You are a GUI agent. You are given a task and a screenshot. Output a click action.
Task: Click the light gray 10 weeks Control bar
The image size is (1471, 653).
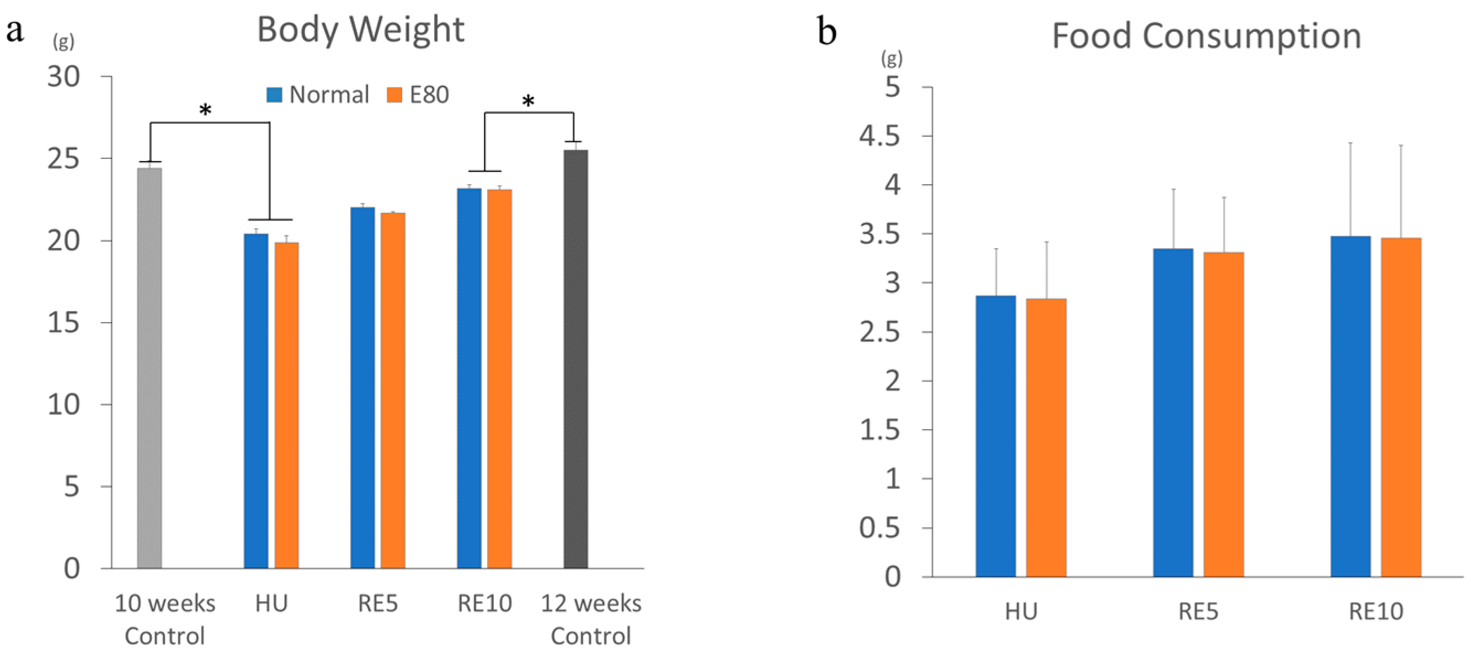150,368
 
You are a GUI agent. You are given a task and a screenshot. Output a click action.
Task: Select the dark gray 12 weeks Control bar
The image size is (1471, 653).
575,360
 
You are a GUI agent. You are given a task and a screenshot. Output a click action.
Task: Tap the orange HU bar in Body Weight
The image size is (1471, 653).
287,405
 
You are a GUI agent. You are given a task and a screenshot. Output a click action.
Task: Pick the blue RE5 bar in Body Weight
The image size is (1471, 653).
363,388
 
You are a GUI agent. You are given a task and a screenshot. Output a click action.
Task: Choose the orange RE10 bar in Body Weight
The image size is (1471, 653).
500,379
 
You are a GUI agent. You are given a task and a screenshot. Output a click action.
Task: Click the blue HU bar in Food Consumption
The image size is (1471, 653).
995,437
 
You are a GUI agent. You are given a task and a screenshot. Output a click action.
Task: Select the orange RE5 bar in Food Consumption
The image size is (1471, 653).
1224,415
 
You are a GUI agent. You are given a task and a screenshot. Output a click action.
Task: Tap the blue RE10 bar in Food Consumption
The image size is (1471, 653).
1351,406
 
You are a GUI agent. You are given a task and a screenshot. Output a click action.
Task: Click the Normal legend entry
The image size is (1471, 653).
318,95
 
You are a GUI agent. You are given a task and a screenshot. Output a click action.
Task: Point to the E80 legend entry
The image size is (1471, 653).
418,95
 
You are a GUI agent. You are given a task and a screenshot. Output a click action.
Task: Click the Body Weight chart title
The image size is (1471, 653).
361,30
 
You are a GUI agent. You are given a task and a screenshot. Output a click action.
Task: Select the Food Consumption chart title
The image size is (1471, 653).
1206,36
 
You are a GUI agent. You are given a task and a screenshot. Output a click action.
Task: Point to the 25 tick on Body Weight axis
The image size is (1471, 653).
63,159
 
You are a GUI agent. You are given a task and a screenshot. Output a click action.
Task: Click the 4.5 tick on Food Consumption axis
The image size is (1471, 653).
880,136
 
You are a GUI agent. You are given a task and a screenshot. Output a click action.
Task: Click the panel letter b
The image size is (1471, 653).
827,31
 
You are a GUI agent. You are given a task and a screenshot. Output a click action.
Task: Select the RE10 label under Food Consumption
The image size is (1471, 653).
1376,612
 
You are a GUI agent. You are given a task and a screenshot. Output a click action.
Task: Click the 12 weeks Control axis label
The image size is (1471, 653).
591,619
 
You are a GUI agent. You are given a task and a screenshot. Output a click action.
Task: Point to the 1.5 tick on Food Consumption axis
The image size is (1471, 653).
880,430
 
